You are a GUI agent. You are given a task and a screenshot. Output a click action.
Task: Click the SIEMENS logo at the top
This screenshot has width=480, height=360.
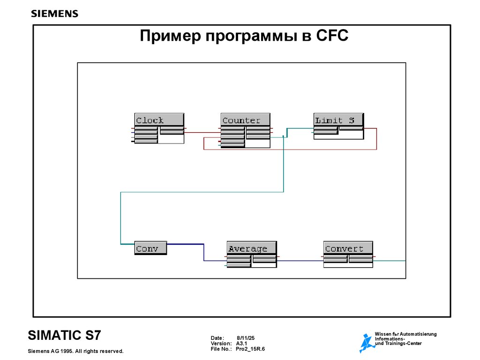pyautogui.click(x=54, y=14)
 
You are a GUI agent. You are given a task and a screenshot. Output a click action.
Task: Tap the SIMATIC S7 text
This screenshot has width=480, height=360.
pyautogui.click(x=64, y=336)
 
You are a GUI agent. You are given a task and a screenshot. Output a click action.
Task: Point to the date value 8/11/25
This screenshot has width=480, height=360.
pyautogui.click(x=245, y=338)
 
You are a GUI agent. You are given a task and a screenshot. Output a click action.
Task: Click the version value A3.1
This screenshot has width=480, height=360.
pyautogui.click(x=241, y=344)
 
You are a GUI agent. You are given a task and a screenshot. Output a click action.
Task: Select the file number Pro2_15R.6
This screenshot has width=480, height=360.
pyautogui.click(x=250, y=349)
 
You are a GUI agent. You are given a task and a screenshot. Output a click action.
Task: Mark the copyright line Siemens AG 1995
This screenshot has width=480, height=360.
pyautogui.click(x=75, y=351)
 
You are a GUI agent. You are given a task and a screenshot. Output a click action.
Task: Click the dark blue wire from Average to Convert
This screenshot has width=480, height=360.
pyautogui.click(x=300, y=261)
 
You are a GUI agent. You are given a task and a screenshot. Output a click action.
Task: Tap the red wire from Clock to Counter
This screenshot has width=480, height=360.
pyautogui.click(x=202, y=133)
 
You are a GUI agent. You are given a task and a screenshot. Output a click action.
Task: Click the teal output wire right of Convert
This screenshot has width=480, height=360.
pyautogui.click(x=390, y=260)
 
